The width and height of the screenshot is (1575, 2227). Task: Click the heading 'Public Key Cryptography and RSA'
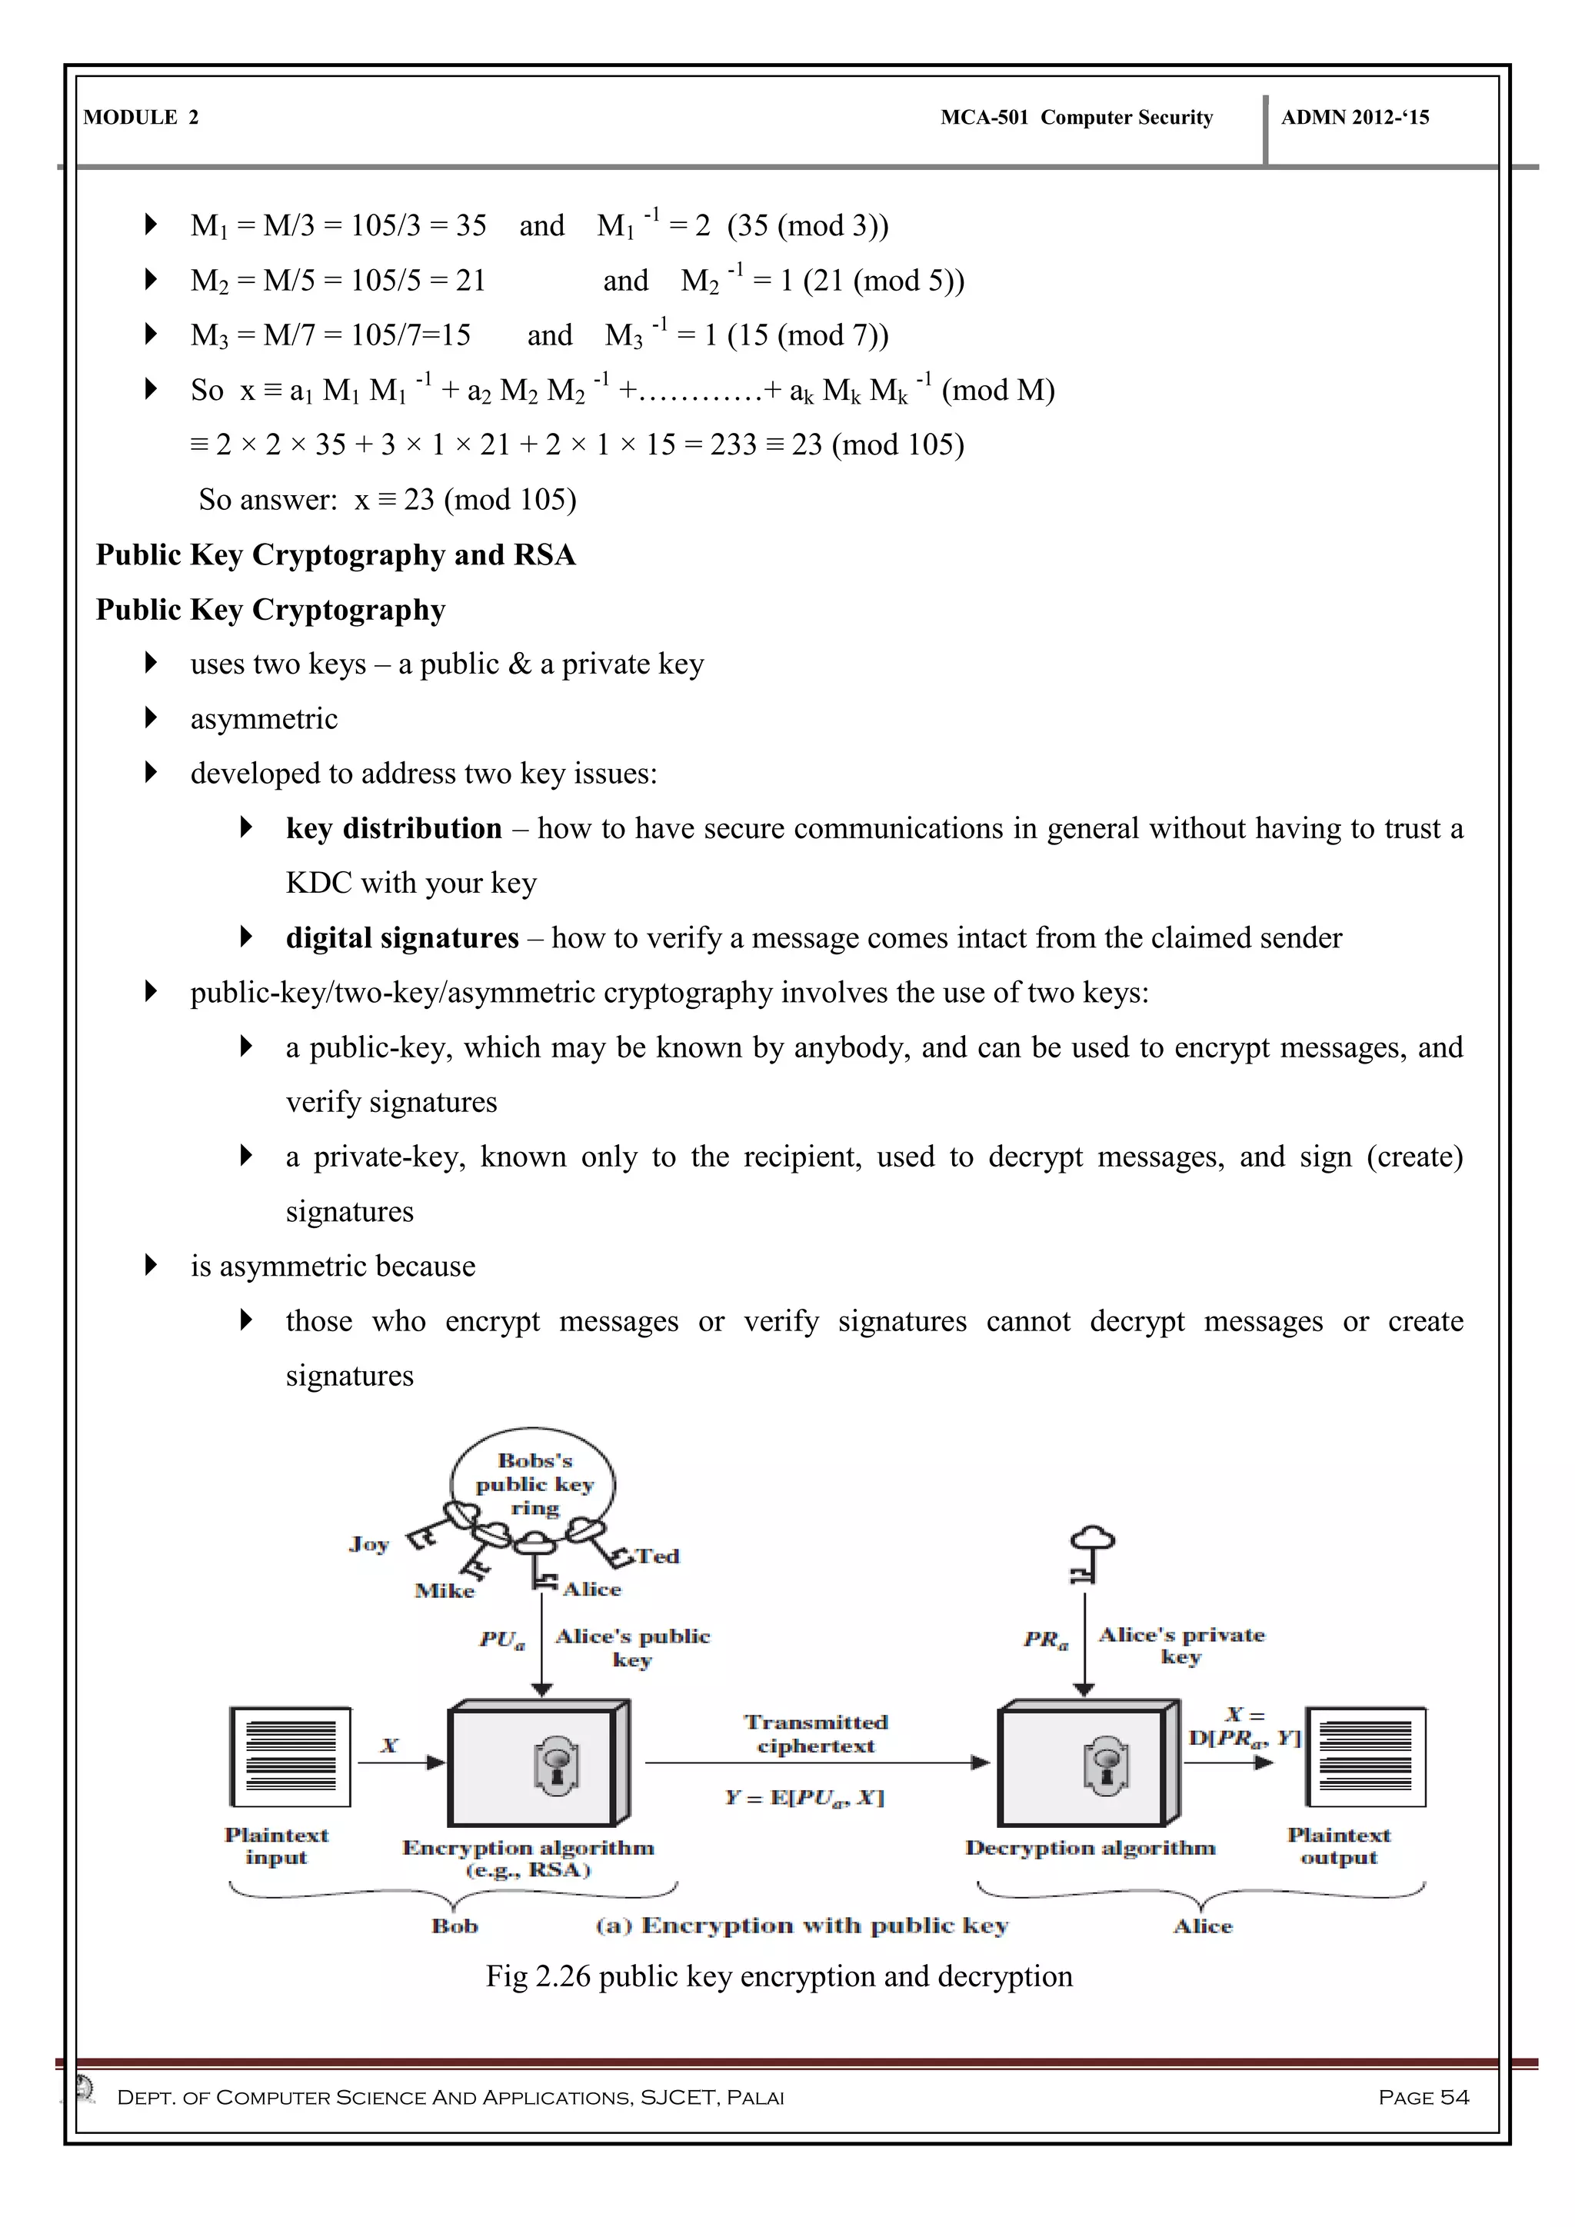coord(335,554)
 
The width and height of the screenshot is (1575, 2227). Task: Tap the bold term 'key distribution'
coord(394,828)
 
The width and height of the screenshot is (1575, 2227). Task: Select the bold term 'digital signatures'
coord(402,938)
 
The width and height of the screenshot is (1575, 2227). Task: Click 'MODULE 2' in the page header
coord(141,118)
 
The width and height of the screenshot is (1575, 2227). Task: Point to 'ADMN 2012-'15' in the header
coord(1355,118)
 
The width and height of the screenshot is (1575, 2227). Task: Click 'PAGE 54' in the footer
coord(1423,2097)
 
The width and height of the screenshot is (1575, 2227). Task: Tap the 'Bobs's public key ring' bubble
coord(534,1484)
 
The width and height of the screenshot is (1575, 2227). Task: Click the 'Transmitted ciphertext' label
coord(817,1734)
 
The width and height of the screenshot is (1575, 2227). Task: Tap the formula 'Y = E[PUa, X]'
coord(804,1797)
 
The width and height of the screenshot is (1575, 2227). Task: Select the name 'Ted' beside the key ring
coord(658,1556)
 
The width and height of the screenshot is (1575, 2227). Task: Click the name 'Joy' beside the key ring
coord(368,1543)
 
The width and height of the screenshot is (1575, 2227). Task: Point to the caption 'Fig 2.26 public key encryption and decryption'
coord(779,1976)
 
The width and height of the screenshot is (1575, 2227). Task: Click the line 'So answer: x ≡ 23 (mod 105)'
coord(387,500)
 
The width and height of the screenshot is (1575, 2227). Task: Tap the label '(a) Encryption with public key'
coord(802,1926)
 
